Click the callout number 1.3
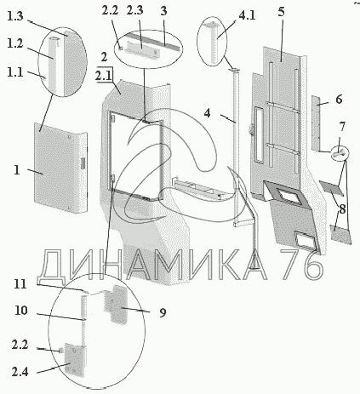coord(14,16)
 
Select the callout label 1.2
coord(15,43)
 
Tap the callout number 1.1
coord(14,72)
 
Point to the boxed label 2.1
coord(104,77)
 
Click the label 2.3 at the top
coord(134,10)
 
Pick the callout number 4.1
coord(247,15)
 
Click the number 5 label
coord(281,12)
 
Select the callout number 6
coord(339,100)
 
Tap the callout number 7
coord(342,127)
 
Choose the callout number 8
coord(342,209)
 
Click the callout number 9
coord(163,312)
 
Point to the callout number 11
coord(20,284)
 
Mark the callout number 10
coord(21,311)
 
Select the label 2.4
coord(20,372)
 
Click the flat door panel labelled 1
coord(60,168)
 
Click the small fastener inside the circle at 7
coord(340,152)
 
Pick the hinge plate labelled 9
coord(116,305)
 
